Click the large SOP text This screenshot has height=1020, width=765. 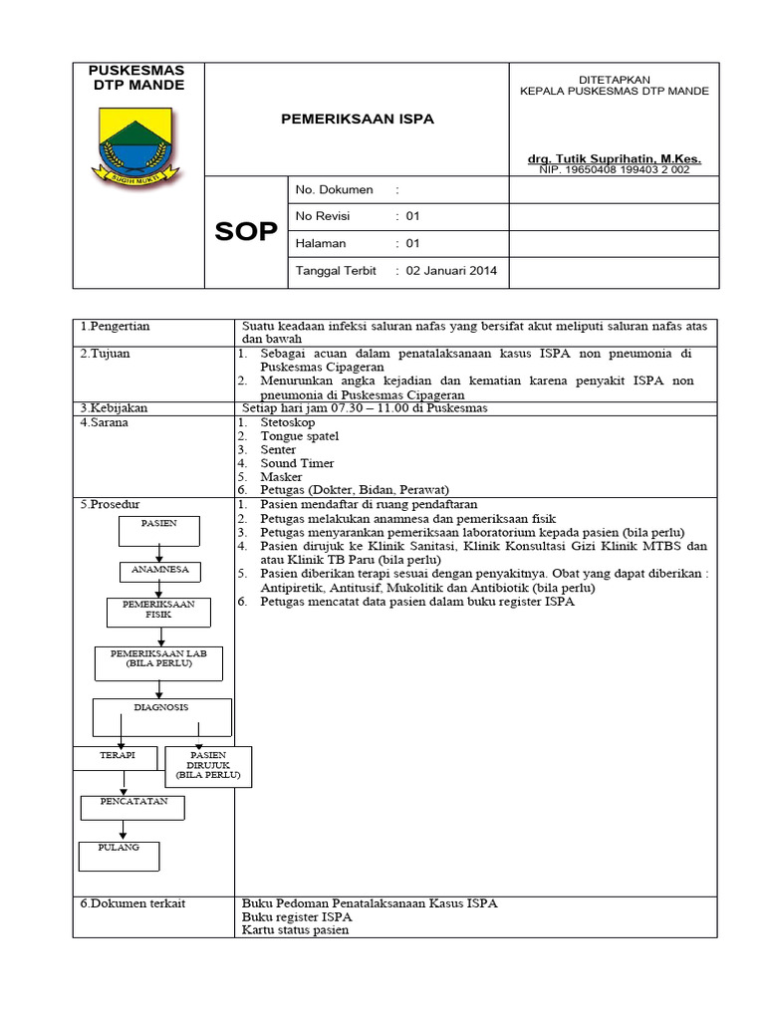pos(246,232)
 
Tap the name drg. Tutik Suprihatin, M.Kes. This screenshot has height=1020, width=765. pos(615,158)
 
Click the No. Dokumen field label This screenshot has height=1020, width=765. pos(335,189)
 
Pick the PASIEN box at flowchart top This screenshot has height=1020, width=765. pos(159,531)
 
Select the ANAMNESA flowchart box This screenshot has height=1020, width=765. pos(160,571)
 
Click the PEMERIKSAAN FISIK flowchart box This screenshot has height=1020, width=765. pos(159,611)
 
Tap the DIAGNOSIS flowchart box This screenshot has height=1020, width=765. pos(161,716)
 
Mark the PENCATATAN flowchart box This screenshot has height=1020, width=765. pos(132,807)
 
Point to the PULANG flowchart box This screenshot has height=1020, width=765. pos(119,855)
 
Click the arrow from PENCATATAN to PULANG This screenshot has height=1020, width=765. pos(122,830)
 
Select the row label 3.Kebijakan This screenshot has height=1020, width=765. pos(115,408)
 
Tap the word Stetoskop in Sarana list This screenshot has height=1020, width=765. pos(287,422)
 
